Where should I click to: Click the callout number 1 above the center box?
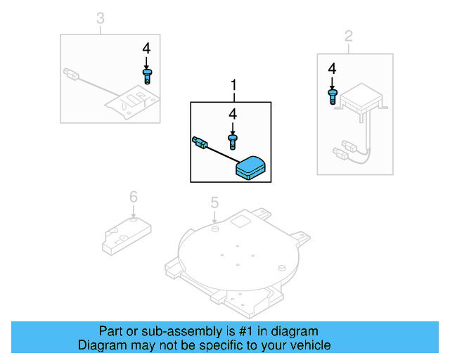coord(233,86)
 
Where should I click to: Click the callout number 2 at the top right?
coord(349,35)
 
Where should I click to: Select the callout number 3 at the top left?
coord(100,18)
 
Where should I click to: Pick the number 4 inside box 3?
coord(146,49)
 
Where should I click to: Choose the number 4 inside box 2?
coord(332,68)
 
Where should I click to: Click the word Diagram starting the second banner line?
coord(101,345)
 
